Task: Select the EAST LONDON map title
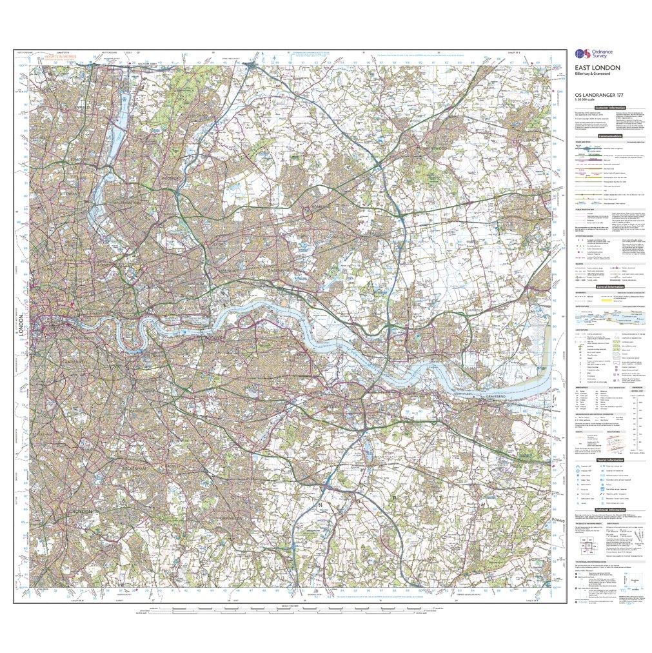(x=598, y=68)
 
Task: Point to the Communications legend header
(x=610, y=136)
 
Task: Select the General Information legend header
(x=610, y=287)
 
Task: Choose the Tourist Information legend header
(x=610, y=459)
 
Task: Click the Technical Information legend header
(x=610, y=510)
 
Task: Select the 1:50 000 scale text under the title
(x=589, y=100)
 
